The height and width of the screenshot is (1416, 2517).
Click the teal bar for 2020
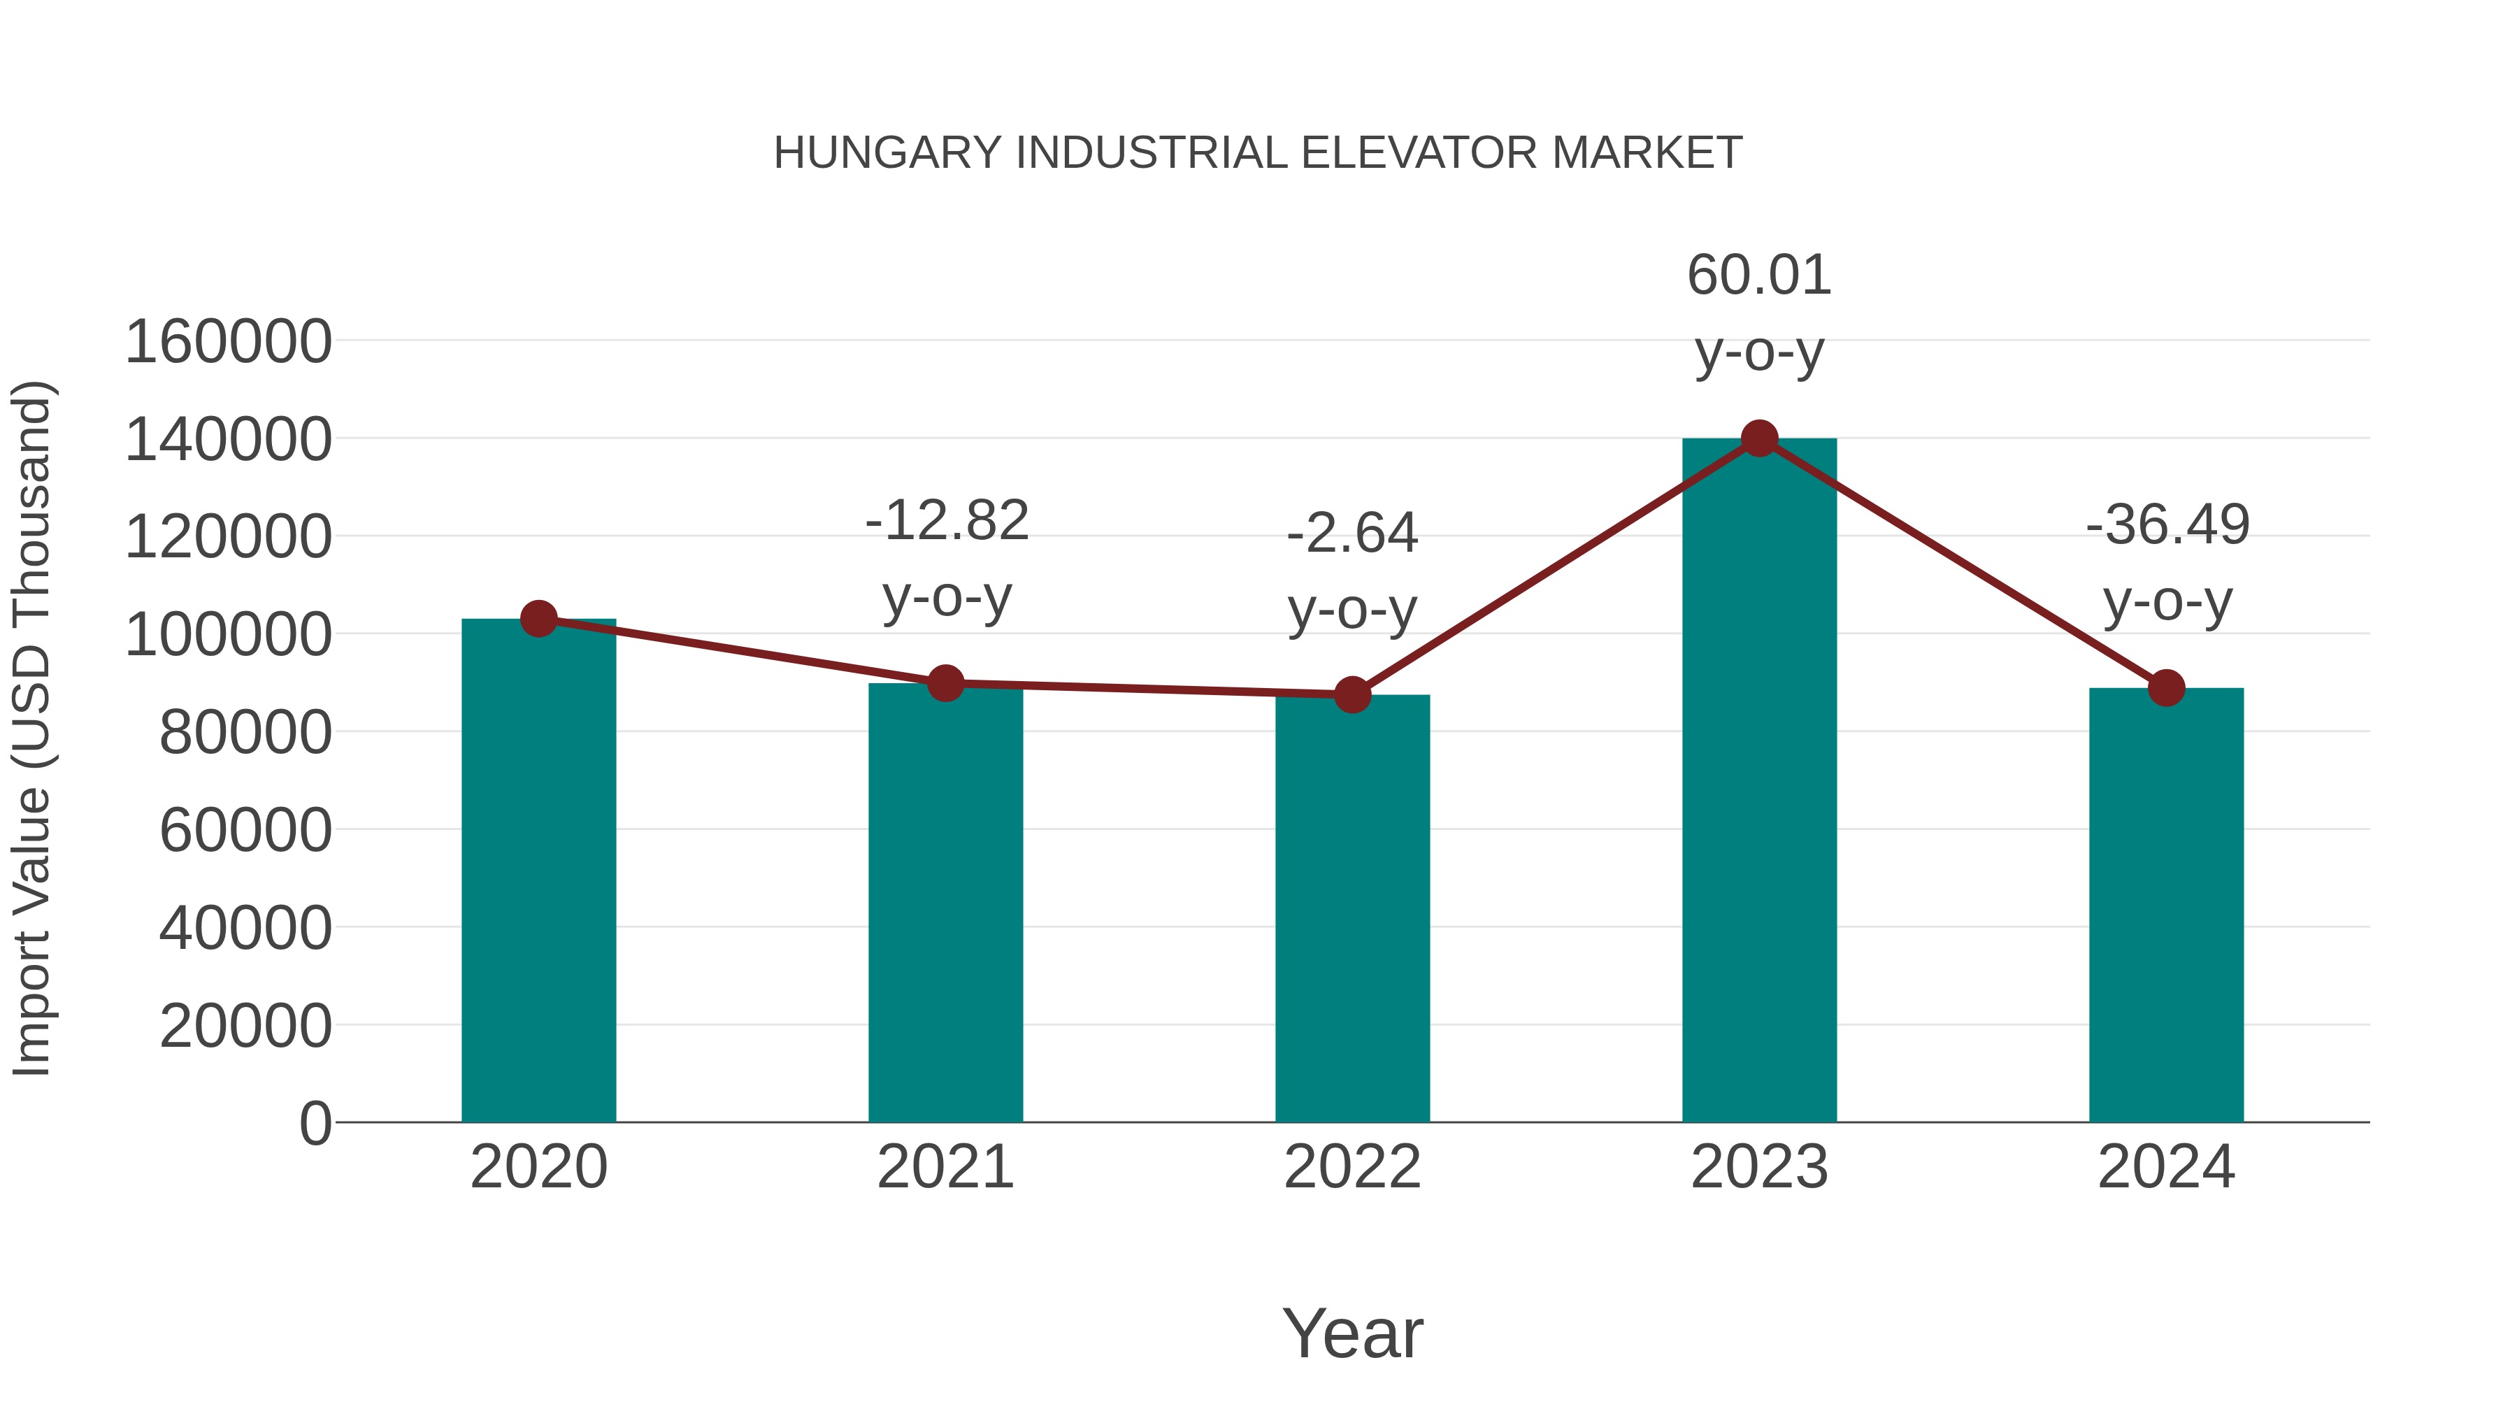538,870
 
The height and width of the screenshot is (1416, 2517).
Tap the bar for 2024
2166,905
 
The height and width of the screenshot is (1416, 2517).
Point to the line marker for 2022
1352,695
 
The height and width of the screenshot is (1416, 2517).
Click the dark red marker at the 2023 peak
1759,438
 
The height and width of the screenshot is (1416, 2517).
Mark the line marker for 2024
2166,688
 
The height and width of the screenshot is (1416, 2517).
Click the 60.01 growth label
1759,276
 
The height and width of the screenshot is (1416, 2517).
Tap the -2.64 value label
1352,534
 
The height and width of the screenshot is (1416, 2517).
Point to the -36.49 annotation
2167,524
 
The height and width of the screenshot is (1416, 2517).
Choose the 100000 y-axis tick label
229,635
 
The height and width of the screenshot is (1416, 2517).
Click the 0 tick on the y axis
315,1123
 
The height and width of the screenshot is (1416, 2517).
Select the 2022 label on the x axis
1352,1167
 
